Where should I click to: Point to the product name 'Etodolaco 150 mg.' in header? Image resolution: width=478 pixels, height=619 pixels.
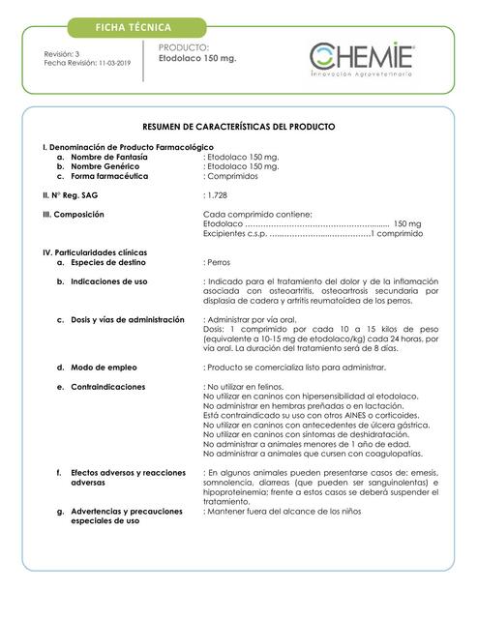[x=197, y=59]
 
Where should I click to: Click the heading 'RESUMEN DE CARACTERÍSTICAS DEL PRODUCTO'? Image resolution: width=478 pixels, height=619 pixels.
[x=239, y=127]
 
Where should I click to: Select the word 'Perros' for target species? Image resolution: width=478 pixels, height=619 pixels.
[x=221, y=261]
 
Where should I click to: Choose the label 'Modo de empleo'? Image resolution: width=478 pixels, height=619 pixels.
[x=102, y=367]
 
